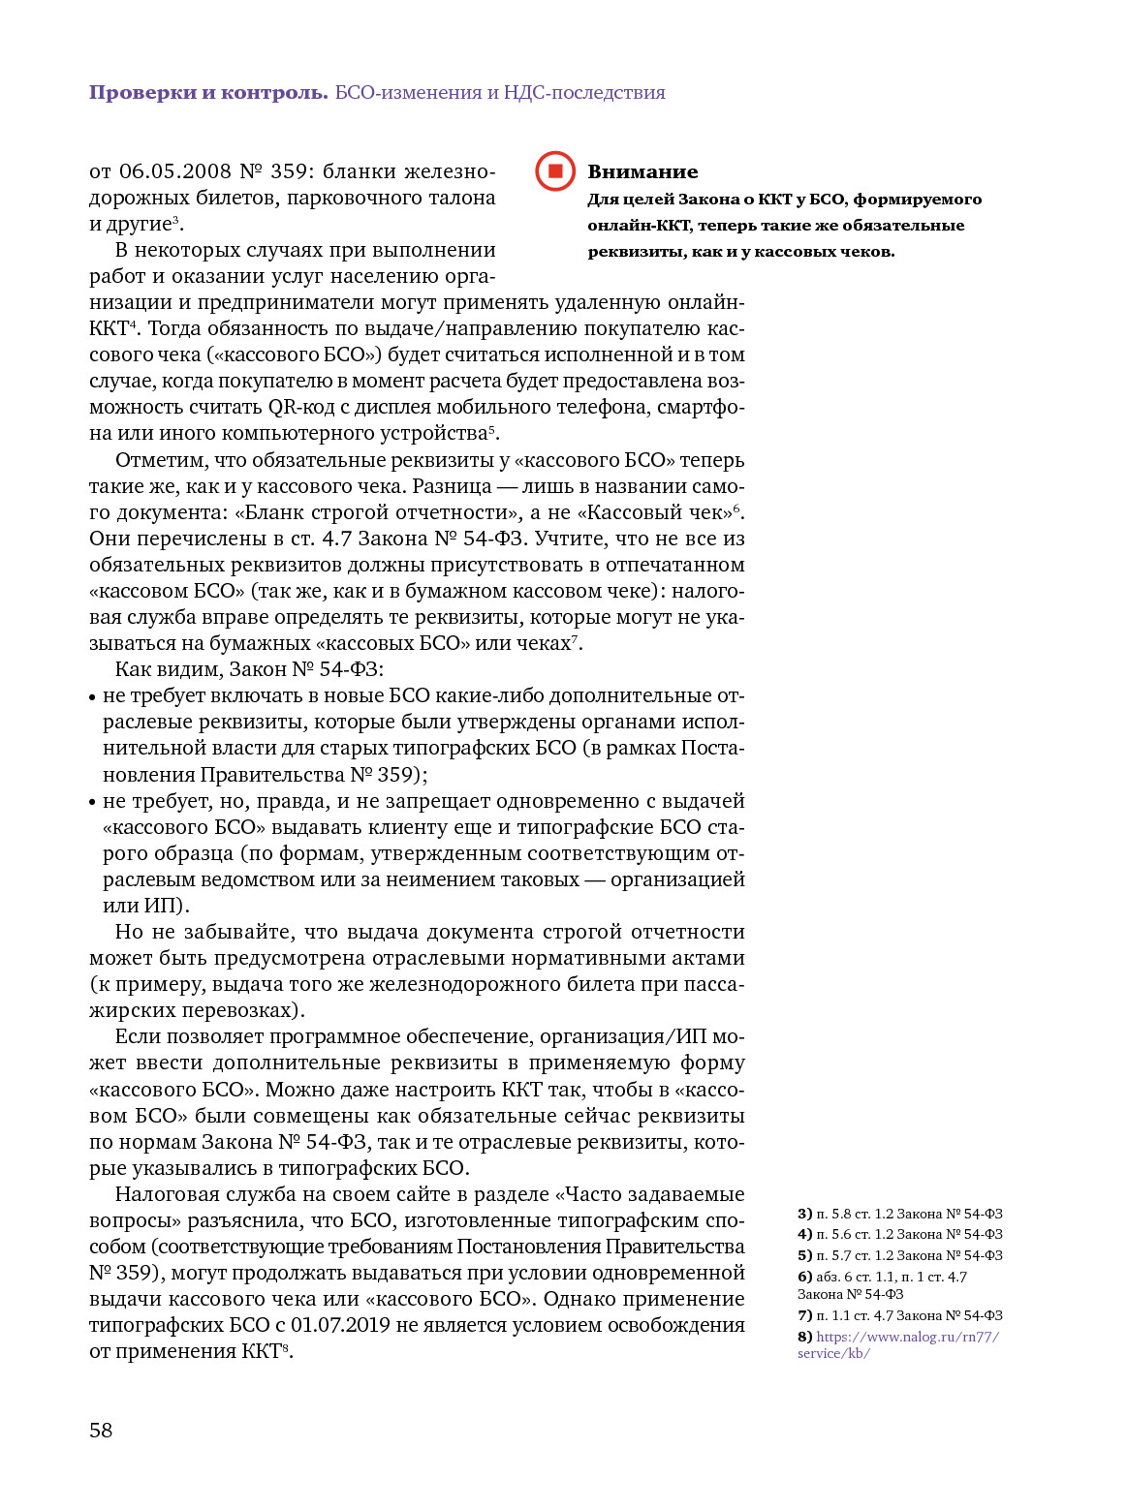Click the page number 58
[x=101, y=1430]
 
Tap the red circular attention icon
[x=555, y=171]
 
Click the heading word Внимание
[x=642, y=171]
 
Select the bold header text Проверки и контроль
[x=208, y=93]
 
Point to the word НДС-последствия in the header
[x=584, y=93]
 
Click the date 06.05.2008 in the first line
[x=175, y=171]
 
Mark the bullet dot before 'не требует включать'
[x=93, y=696]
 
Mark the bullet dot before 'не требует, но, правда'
[x=93, y=802]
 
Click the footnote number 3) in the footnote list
[x=804, y=1214]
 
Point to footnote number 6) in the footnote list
[x=804, y=1277]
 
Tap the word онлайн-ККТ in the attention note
[x=640, y=225]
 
